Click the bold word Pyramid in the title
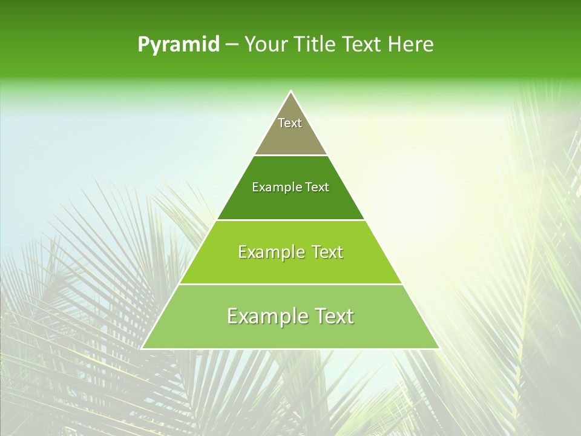pyautogui.click(x=179, y=45)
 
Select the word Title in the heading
pyautogui.click(x=316, y=45)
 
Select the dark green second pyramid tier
pyautogui.click(x=290, y=203)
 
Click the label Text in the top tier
pyautogui.click(x=290, y=123)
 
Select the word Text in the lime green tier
pyautogui.click(x=328, y=252)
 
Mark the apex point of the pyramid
pyautogui.click(x=290, y=91)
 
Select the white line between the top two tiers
pyautogui.click(x=290, y=155)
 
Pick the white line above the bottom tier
pyautogui.click(x=290, y=284)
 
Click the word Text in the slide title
pyautogui.click(x=363, y=45)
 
